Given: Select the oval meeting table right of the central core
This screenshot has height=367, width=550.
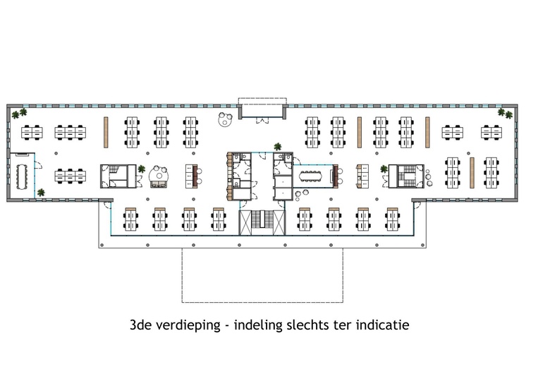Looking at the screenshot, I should (x=311, y=174).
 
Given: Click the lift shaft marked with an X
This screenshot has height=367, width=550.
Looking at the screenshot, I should (x=246, y=222).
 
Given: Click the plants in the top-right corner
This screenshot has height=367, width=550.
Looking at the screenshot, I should (x=505, y=112).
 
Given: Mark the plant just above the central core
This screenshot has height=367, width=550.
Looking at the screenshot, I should (x=278, y=147).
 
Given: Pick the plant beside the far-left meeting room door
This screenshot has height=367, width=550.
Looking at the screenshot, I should (x=41, y=192).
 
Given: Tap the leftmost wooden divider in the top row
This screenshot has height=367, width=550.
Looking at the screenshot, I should (x=106, y=131).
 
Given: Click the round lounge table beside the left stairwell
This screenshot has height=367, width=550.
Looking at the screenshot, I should (x=159, y=174).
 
